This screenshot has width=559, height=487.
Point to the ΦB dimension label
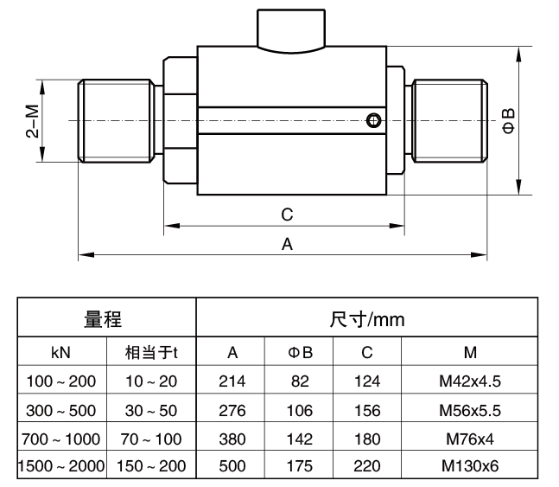(x=509, y=121)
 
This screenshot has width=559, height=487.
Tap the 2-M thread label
(x=32, y=121)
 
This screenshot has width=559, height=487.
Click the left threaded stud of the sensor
(x=116, y=120)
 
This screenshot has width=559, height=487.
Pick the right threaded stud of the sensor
(x=449, y=120)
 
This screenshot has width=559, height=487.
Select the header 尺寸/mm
(x=367, y=319)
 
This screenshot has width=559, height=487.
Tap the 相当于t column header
(x=151, y=352)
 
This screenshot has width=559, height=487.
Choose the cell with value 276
(x=232, y=409)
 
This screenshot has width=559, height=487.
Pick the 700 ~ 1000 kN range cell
(x=60, y=438)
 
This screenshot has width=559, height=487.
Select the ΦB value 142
(x=300, y=438)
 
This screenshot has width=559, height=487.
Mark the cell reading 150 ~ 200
(x=151, y=466)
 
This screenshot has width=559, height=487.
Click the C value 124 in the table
(x=367, y=381)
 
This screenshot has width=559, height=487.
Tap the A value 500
(x=232, y=466)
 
